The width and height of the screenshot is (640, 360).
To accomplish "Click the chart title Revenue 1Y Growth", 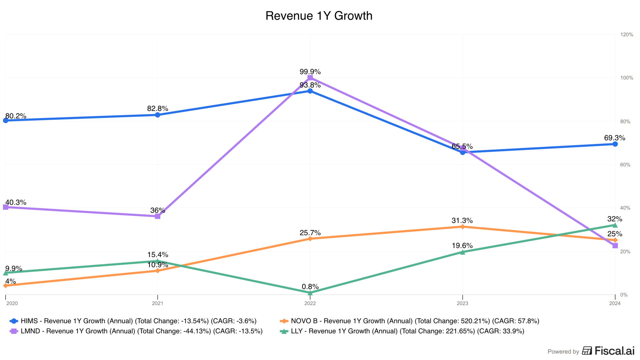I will (319, 16).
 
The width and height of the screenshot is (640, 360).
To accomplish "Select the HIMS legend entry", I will (133, 321).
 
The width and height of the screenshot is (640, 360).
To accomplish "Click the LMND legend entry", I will (136, 331).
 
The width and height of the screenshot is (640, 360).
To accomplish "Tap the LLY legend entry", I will (402, 331).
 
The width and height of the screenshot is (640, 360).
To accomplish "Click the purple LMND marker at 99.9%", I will (310, 78).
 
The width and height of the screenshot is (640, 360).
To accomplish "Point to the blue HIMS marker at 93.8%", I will (310, 91).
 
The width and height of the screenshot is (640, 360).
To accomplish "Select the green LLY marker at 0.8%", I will (310, 293).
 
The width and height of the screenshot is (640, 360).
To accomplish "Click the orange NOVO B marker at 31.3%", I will (462, 227).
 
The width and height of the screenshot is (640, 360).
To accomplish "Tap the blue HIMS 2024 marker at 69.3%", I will (615, 144).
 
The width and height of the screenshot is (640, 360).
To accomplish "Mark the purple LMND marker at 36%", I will (158, 216).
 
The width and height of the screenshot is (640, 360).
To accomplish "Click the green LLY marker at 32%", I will (615, 225).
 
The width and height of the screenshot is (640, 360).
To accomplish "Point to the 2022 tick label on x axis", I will (310, 303).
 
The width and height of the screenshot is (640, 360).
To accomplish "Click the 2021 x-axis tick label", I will (158, 303).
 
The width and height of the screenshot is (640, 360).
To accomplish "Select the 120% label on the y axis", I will (626, 35).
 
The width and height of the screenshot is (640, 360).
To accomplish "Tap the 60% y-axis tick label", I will (625, 165).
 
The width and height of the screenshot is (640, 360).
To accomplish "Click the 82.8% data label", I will (158, 109).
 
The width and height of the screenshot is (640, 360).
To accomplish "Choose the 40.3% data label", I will (16, 202).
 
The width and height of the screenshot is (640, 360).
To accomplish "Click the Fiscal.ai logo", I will (608, 351).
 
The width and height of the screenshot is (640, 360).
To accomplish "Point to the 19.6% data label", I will (462, 246).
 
